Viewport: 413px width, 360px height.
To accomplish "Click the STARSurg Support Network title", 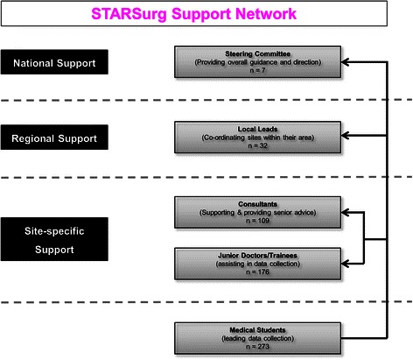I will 206,15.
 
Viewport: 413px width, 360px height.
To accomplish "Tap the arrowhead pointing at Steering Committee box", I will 346,62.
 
